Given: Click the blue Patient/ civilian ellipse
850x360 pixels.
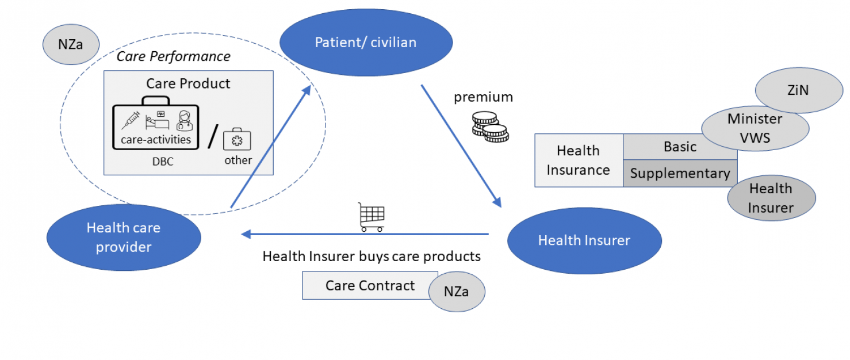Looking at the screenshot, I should pyautogui.click(x=366, y=43).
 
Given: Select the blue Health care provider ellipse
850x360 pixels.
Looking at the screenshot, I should pyautogui.click(x=124, y=238).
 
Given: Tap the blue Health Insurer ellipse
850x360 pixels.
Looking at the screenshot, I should pyautogui.click(x=584, y=240).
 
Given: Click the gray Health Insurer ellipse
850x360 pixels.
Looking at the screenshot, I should pyautogui.click(x=771, y=198).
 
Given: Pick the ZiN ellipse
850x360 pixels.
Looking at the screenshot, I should pyautogui.click(x=798, y=91).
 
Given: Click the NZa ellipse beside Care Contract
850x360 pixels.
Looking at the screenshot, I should pyautogui.click(x=457, y=292).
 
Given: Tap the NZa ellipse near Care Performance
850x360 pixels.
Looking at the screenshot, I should pyautogui.click(x=71, y=44).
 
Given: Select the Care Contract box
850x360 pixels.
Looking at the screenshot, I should pyautogui.click(x=366, y=286).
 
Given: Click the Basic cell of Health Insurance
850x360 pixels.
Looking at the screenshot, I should pyautogui.click(x=680, y=147).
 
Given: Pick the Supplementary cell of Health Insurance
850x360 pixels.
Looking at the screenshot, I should pyautogui.click(x=680, y=173).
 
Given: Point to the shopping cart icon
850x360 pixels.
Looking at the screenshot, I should pyautogui.click(x=371, y=217).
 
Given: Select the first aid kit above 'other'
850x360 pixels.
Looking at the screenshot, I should pyautogui.click(x=238, y=139).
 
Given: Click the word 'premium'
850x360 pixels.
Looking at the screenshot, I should pyautogui.click(x=483, y=97).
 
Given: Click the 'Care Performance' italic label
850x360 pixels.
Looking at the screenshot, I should pyautogui.click(x=173, y=56).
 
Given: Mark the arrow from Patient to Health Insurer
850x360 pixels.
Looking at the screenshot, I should pyautogui.click(x=461, y=145).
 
